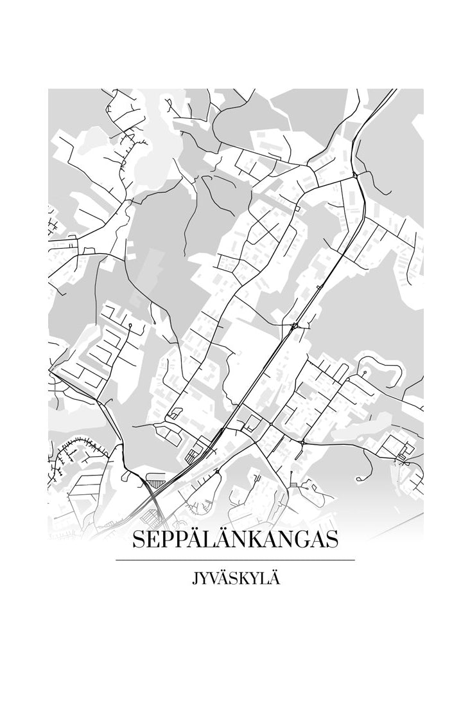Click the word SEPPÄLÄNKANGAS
click(235, 540)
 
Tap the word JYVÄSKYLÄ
click(235, 578)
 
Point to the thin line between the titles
click(235, 560)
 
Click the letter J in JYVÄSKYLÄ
click(194, 579)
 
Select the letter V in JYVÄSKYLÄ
click(212, 578)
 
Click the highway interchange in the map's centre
click(295, 326)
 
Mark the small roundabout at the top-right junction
click(355, 174)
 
